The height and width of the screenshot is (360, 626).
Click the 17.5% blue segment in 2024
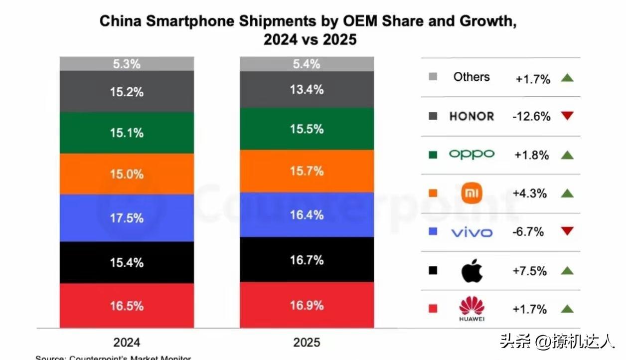[x=127, y=218]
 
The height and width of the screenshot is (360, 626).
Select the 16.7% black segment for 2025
[x=307, y=260]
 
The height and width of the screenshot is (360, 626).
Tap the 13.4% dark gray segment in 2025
[x=307, y=90]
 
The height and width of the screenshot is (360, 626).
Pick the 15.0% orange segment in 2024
[x=127, y=174]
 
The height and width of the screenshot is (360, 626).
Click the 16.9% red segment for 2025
[x=307, y=305]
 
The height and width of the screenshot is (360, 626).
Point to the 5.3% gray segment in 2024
[x=127, y=64]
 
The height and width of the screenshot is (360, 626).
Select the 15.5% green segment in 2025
[x=307, y=129]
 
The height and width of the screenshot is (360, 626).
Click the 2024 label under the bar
[x=127, y=342]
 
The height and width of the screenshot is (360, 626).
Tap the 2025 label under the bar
[x=307, y=342]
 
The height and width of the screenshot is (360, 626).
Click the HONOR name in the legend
[x=471, y=116]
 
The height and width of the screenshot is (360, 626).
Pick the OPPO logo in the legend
[x=471, y=154]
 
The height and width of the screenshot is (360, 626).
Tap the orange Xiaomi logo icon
[x=471, y=193]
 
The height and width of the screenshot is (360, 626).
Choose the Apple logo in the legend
[x=471, y=271]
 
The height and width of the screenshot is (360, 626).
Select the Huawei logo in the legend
[x=471, y=309]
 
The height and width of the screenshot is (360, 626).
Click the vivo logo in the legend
[x=471, y=232]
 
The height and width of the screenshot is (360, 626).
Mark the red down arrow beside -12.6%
[x=567, y=116]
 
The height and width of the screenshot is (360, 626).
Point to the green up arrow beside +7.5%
[x=567, y=271]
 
